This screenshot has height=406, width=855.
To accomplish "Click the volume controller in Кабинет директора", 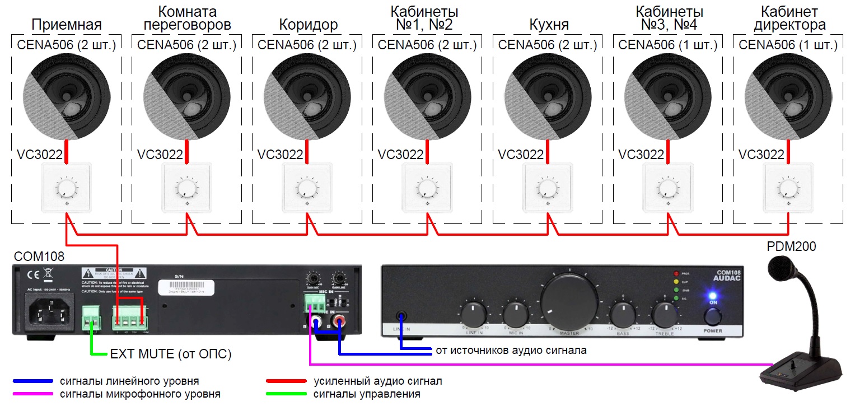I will pyautogui.click(x=788, y=187).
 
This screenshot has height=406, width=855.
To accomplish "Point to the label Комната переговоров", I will pyautogui.click(x=186, y=18).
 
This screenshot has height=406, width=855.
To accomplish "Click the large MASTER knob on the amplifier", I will pyautogui.click(x=568, y=300).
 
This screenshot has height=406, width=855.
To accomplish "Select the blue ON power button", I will pyautogui.click(x=713, y=297).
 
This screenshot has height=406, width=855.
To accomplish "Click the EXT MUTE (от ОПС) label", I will pyautogui.click(x=171, y=354).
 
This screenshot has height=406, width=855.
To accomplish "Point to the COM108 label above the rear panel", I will pyautogui.click(x=39, y=256).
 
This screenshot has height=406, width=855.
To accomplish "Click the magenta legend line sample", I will pyautogui.click(x=33, y=394).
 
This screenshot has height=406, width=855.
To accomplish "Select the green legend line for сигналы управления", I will pyautogui.click(x=287, y=394).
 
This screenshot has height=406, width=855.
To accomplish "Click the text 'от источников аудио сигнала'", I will pyautogui.click(x=511, y=351).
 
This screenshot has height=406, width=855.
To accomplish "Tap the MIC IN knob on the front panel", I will pyautogui.click(x=516, y=312).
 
